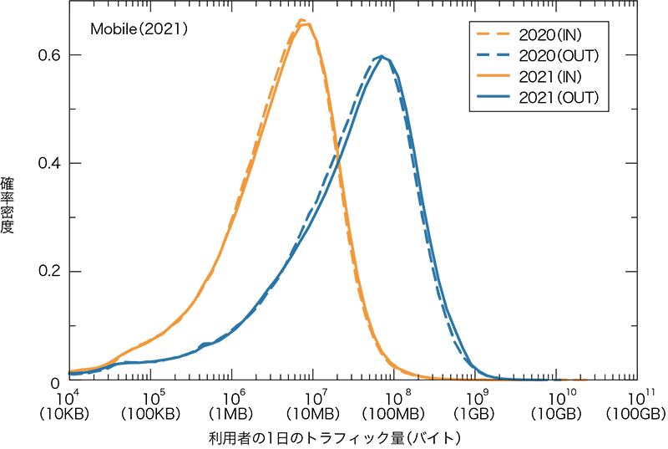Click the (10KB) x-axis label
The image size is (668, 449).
pos(68,413)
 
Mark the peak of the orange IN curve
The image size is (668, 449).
pos(305,23)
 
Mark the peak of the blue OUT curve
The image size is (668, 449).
pos(382,57)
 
